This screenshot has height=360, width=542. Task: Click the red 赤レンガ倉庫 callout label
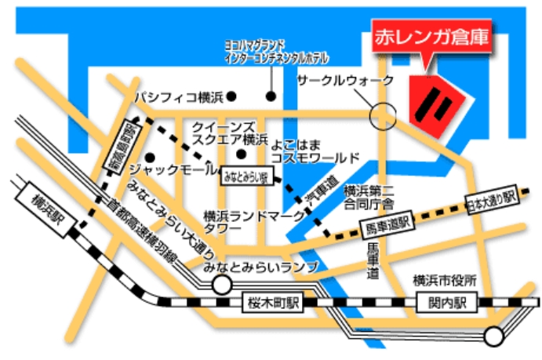(430, 38)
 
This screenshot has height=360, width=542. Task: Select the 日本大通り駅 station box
(491, 199)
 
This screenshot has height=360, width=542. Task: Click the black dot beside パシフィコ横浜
(232, 97)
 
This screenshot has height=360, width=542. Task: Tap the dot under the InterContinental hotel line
(271, 97)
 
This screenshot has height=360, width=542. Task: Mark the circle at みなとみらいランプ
(216, 285)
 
